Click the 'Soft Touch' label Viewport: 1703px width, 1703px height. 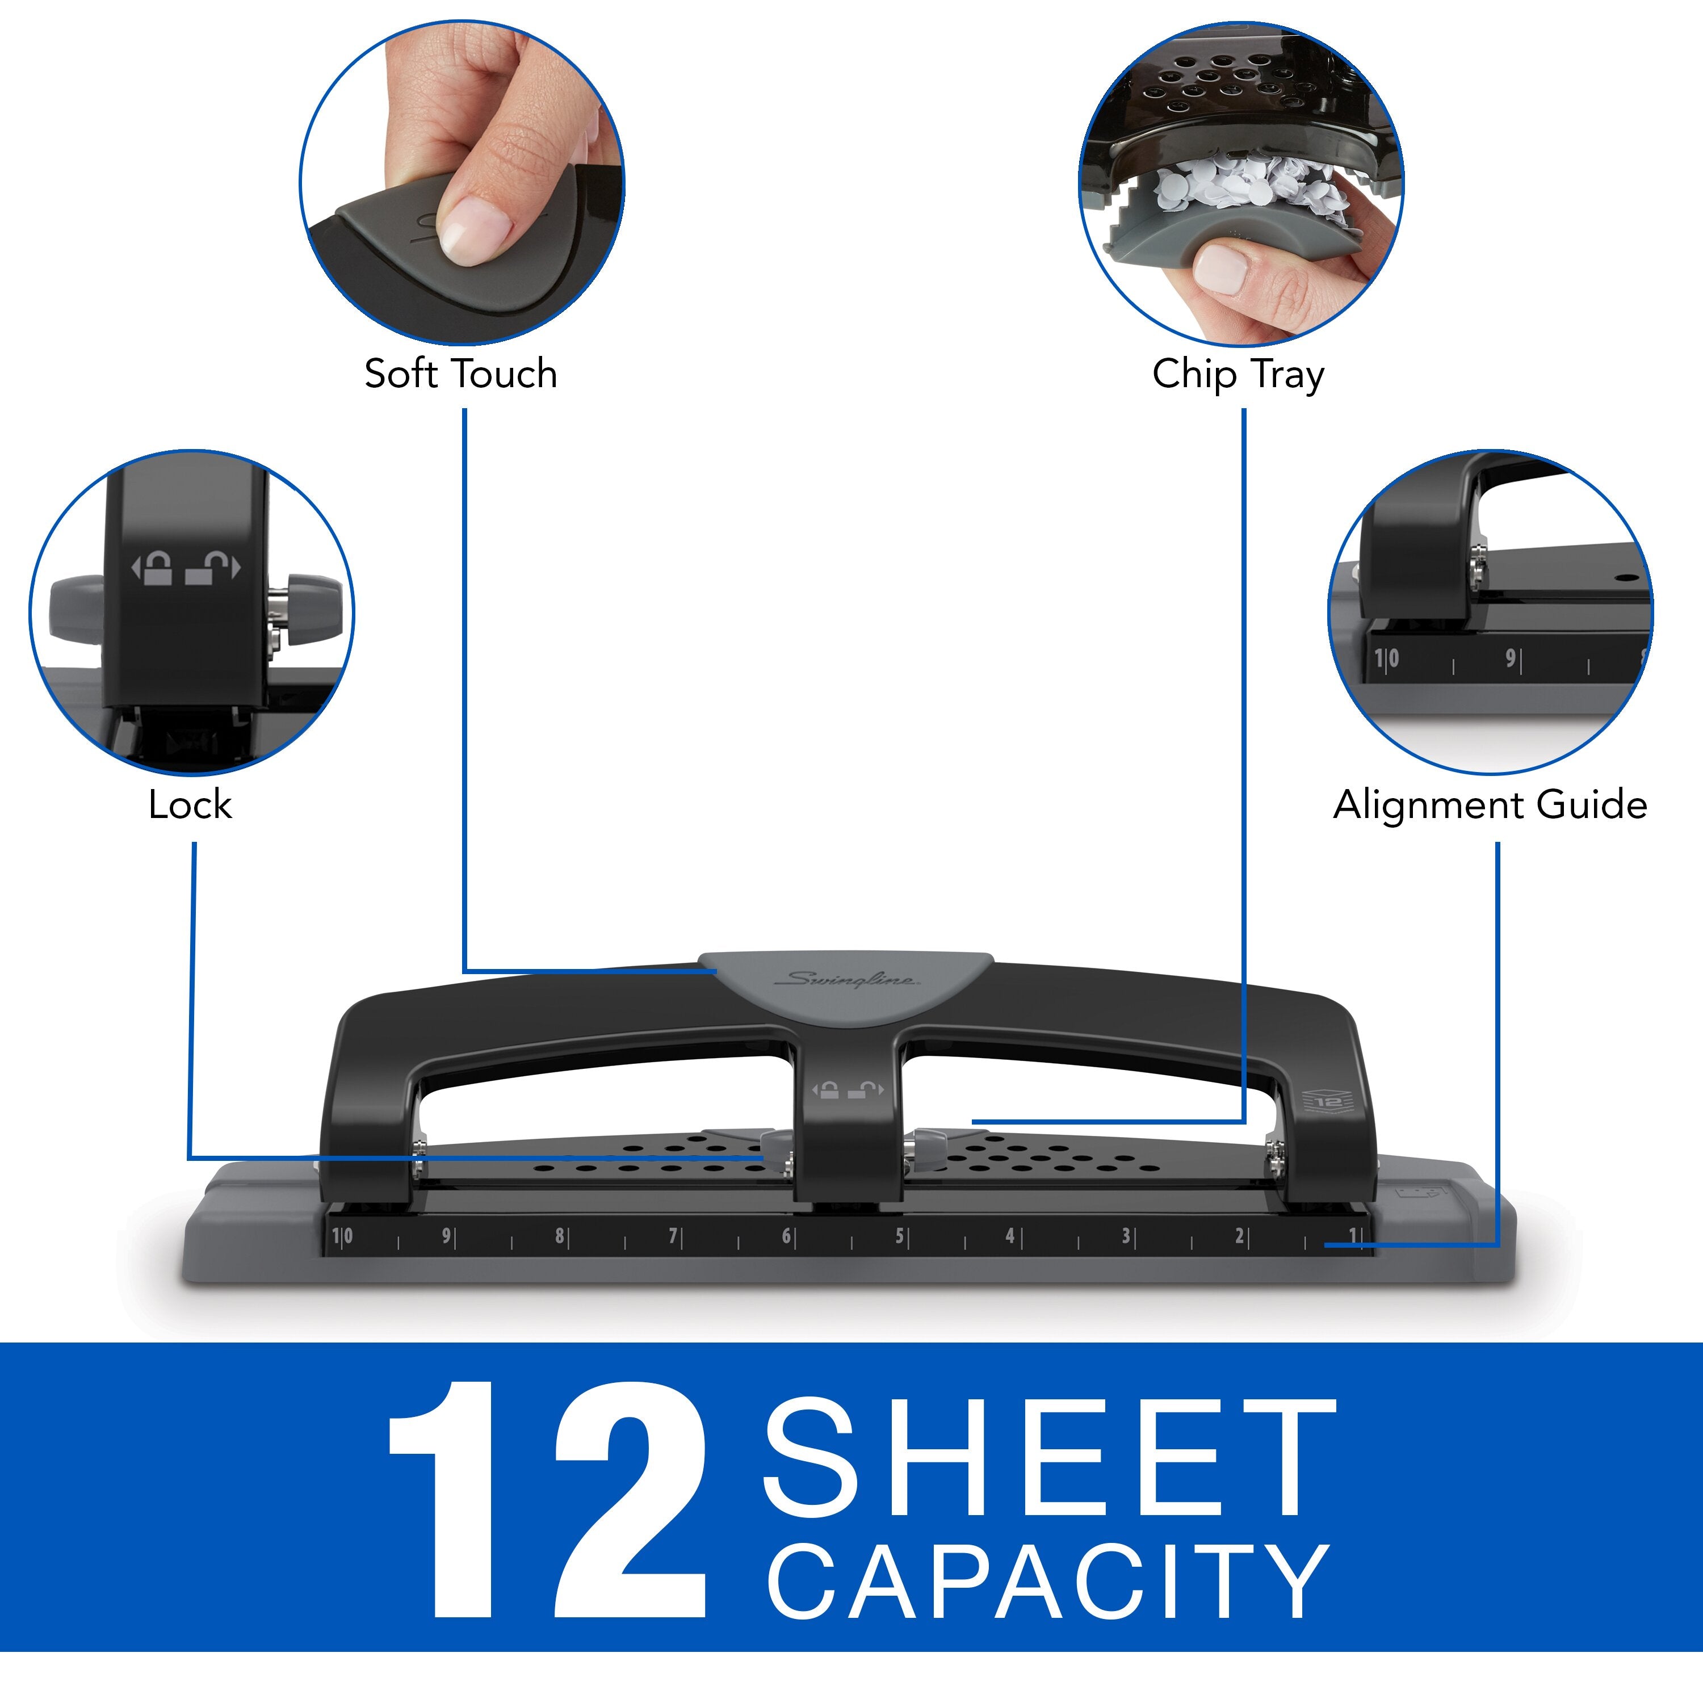[460, 374]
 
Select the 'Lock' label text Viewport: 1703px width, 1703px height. [190, 805]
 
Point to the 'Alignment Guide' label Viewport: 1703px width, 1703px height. [1490, 805]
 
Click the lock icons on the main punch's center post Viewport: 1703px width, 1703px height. [846, 1090]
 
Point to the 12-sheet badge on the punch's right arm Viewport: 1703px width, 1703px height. [1327, 1102]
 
